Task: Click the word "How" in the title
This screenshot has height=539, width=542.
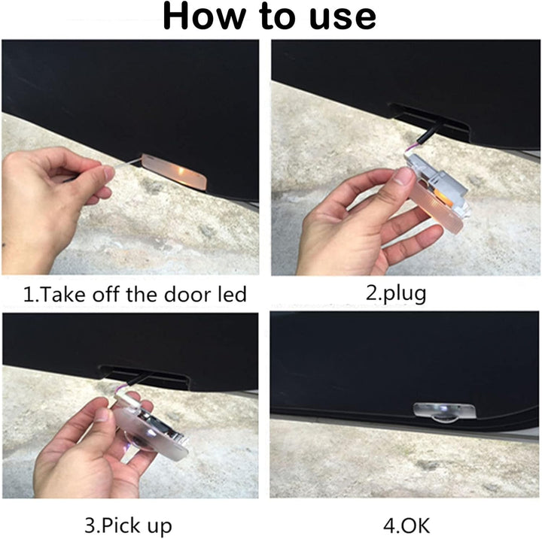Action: tap(205, 17)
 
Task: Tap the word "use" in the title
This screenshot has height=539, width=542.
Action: tap(343, 18)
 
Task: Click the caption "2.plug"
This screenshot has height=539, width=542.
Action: tap(396, 295)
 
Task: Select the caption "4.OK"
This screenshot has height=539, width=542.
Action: tap(406, 525)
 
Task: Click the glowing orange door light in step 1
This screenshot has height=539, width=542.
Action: tap(175, 171)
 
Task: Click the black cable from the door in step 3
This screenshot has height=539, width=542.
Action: tap(138, 379)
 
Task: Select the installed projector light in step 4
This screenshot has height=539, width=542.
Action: tap(445, 413)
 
